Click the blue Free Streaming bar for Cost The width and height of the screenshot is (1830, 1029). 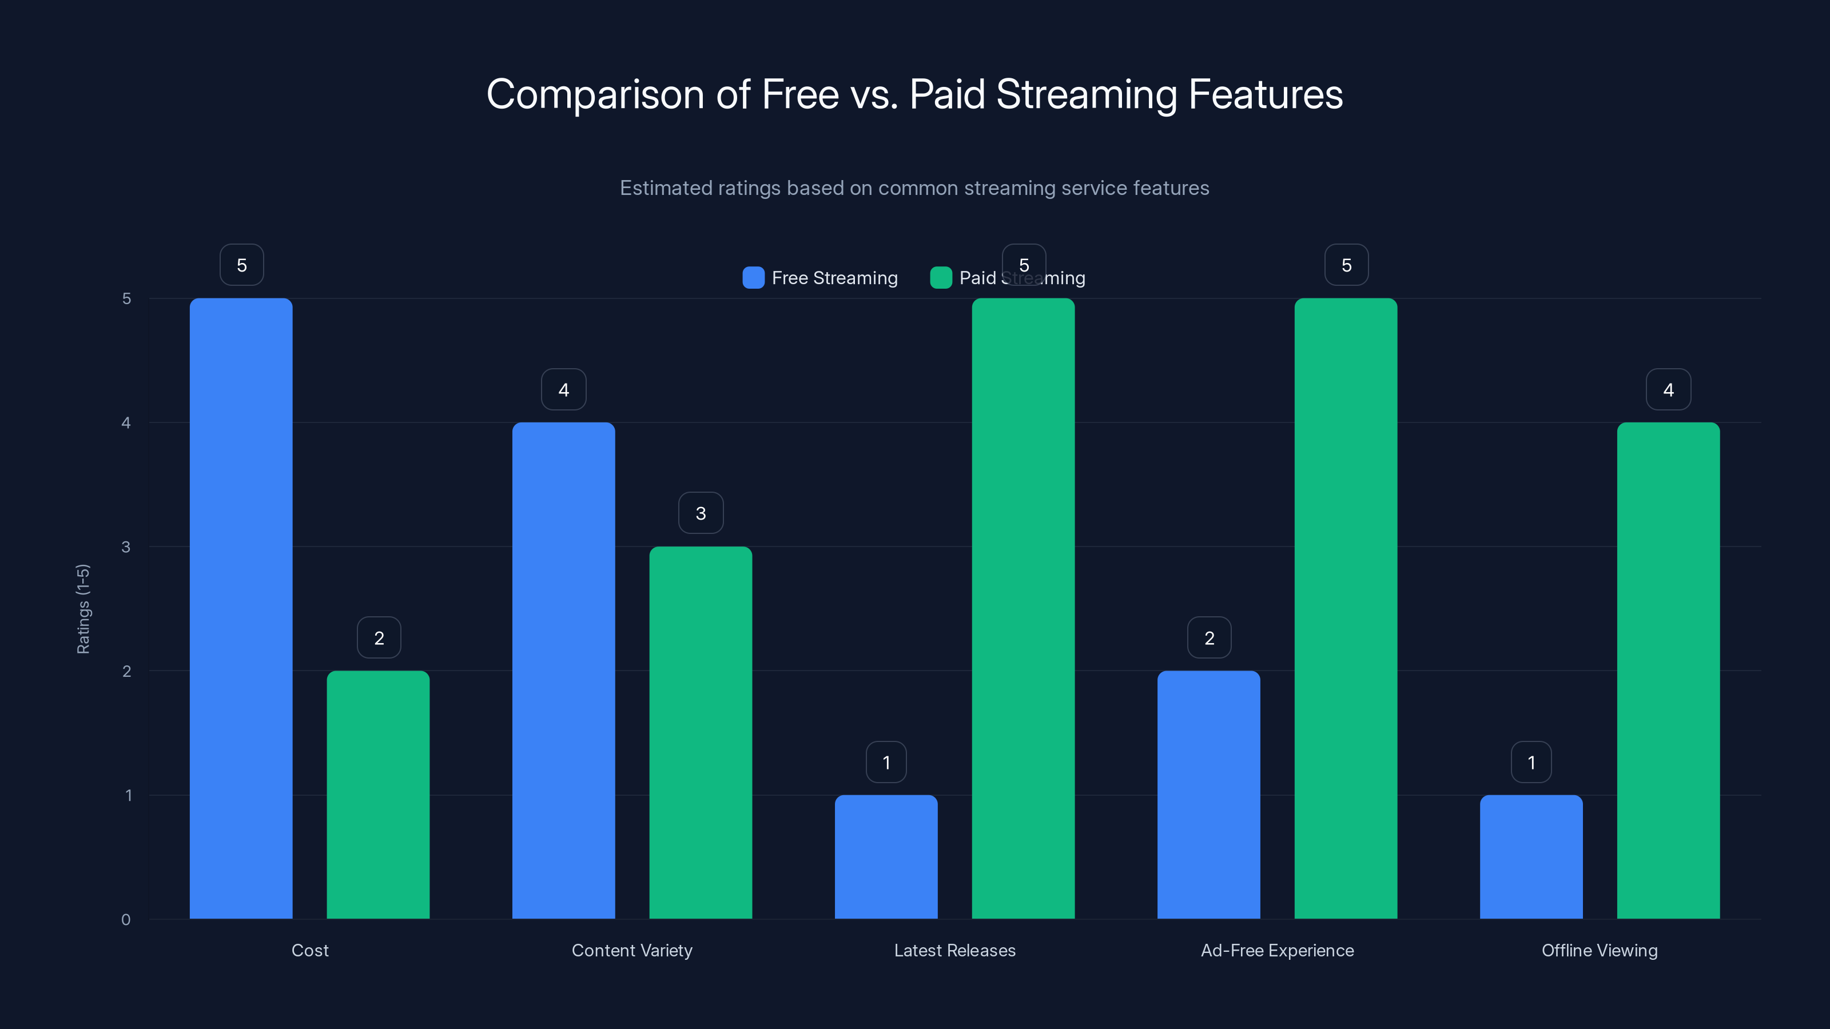point(241,608)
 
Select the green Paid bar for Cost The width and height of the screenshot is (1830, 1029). point(378,794)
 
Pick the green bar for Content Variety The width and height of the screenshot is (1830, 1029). point(701,732)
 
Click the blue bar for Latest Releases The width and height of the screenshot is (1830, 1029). point(886,856)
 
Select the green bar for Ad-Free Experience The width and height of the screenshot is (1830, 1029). point(1346,608)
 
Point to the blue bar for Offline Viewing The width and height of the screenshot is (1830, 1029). point(1531,856)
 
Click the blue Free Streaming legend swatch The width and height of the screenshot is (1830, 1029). point(753,278)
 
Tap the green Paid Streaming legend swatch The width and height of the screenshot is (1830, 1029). point(941,278)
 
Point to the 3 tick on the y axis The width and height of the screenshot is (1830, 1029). point(126,547)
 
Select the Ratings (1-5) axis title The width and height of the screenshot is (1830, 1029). point(83,609)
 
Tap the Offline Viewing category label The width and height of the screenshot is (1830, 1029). point(1599,950)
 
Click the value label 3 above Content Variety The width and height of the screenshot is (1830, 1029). point(701,513)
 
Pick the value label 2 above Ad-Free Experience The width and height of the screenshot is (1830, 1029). point(1209,638)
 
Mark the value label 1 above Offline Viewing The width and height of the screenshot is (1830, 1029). point(1531,762)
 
